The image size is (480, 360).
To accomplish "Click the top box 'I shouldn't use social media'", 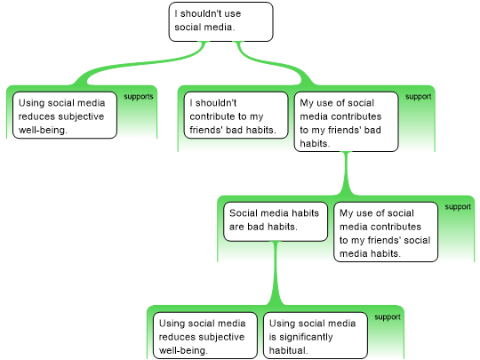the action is pos(220,21).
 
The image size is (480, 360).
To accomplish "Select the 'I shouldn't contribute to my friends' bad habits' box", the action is pos(236,115).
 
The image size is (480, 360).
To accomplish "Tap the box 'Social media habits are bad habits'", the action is pos(276,221).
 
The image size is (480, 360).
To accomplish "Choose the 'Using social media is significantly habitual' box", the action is pos(316,335).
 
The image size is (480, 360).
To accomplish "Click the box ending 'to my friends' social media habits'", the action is pos(386,232).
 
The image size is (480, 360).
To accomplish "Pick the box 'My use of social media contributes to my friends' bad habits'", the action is pos(347,122).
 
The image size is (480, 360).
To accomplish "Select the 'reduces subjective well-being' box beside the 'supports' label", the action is pos(65,115).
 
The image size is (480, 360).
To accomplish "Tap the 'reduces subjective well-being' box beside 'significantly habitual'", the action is pos(205,335).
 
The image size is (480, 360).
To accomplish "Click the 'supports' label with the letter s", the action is pos(139,97).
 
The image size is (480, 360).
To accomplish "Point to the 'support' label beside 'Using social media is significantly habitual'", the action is pos(388,317).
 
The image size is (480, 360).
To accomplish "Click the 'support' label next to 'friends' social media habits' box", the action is pos(458,207).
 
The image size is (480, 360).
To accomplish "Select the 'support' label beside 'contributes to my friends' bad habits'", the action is pos(419,97).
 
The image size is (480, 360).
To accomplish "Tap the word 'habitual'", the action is pos(288,350).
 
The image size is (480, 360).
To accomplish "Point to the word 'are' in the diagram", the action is pos(236,227).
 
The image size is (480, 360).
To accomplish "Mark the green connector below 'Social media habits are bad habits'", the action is pos(276,273).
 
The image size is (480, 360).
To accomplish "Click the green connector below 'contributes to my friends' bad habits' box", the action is pos(347,173).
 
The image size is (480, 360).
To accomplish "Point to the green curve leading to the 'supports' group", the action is pos(141,63).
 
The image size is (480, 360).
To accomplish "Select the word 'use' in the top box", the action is pos(234,13).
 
